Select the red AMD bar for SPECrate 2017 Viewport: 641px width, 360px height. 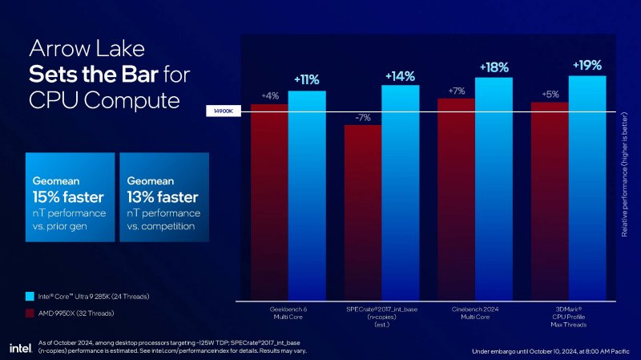363,212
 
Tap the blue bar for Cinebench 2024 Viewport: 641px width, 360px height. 494,188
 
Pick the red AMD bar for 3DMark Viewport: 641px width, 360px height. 550,200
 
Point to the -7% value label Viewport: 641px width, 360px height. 362,117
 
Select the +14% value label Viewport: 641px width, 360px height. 400,76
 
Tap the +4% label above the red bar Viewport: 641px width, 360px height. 269,96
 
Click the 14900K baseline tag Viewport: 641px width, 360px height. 224,111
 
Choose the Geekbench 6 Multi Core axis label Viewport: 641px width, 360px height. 288,312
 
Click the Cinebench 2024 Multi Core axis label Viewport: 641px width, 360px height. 475,312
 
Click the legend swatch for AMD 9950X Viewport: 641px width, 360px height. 30,312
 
